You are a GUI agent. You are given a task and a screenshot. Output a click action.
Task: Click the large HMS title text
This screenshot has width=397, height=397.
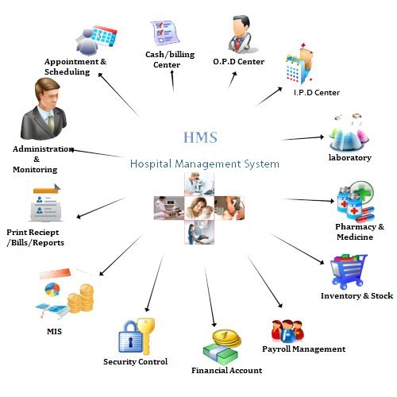tap(200, 137)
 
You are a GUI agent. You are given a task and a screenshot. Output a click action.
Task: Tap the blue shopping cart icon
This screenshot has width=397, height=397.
tap(349, 272)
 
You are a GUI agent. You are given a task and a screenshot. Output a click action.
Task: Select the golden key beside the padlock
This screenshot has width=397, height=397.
tap(145, 336)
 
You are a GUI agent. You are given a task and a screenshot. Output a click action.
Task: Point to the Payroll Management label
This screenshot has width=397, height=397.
tap(304, 349)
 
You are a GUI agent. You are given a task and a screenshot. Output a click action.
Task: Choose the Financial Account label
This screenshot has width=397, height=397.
tap(227, 370)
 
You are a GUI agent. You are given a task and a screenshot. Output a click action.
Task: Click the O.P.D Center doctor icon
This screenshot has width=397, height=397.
tap(241, 34)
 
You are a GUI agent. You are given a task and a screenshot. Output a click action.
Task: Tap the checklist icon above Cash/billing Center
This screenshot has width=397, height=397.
tap(164, 33)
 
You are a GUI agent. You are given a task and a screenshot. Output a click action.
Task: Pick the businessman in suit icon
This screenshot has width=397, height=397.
tap(44, 109)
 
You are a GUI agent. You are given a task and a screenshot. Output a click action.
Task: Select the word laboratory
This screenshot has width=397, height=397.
tap(350, 158)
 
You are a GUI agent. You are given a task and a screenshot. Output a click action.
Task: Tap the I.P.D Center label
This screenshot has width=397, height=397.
tap(317, 93)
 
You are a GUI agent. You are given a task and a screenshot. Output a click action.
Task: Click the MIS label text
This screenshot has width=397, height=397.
tap(54, 331)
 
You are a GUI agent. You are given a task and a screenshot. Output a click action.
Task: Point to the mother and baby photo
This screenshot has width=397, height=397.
tap(199, 208)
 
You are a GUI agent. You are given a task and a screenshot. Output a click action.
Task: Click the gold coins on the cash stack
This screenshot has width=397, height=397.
tap(227, 337)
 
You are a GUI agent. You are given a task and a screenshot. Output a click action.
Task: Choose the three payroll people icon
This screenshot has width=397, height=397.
tap(287, 331)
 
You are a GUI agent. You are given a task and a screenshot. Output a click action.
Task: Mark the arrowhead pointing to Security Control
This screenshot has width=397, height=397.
tap(147, 309)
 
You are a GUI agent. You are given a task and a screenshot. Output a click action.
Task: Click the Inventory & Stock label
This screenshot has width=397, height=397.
tap(357, 295)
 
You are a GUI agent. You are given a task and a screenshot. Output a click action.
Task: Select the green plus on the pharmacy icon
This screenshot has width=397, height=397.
tap(364, 191)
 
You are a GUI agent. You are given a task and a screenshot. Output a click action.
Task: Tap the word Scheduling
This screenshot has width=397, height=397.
tap(67, 72)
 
